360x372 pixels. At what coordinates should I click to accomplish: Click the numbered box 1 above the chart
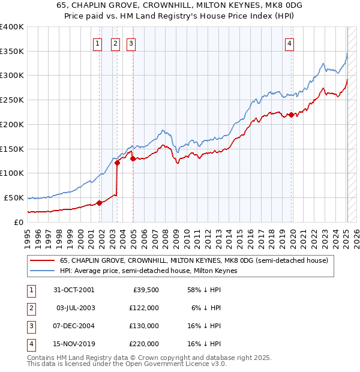click(x=97, y=43)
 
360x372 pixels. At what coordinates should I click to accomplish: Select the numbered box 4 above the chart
click(x=289, y=43)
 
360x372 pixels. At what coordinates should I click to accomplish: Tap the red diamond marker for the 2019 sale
click(x=291, y=115)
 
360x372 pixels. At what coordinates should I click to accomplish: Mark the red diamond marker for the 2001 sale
click(x=100, y=203)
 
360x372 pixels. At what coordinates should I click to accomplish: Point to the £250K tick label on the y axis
click(x=12, y=100)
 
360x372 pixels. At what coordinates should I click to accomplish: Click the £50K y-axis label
click(x=14, y=197)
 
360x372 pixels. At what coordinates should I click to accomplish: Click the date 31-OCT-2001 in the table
click(x=74, y=290)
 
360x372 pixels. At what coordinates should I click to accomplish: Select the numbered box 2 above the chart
click(x=115, y=43)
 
